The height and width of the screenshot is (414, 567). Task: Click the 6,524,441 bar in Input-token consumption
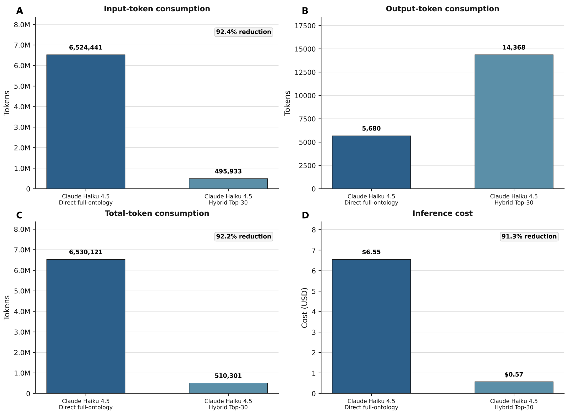86,122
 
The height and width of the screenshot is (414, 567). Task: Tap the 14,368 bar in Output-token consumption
514,122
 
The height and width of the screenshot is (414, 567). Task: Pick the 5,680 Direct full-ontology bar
371,162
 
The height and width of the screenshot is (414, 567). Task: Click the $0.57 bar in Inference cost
514,387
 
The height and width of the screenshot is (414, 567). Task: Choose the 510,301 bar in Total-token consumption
228,388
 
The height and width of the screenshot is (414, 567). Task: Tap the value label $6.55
371,252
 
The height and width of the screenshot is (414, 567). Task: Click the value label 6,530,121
86,252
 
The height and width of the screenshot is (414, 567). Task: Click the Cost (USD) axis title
304,308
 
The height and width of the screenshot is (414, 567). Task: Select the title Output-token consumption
442,9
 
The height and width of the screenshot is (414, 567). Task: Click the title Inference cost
442,213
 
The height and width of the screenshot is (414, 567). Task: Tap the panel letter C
19,215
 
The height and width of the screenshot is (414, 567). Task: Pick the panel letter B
305,11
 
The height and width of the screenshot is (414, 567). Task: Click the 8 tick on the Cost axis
314,230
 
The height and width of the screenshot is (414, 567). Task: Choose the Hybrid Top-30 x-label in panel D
514,407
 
